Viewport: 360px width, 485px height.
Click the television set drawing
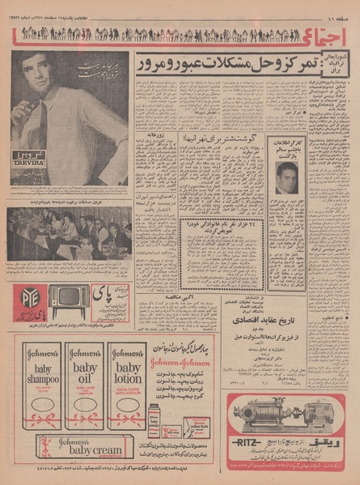click(69, 300)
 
